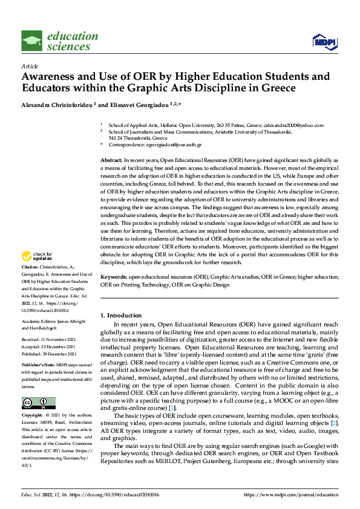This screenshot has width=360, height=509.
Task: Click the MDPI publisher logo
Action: (x=324, y=41)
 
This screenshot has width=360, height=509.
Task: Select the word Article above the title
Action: (x=30, y=66)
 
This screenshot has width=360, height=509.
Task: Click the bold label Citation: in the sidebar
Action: (x=30, y=284)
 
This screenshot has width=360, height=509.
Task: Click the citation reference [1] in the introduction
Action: (x=173, y=392)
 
